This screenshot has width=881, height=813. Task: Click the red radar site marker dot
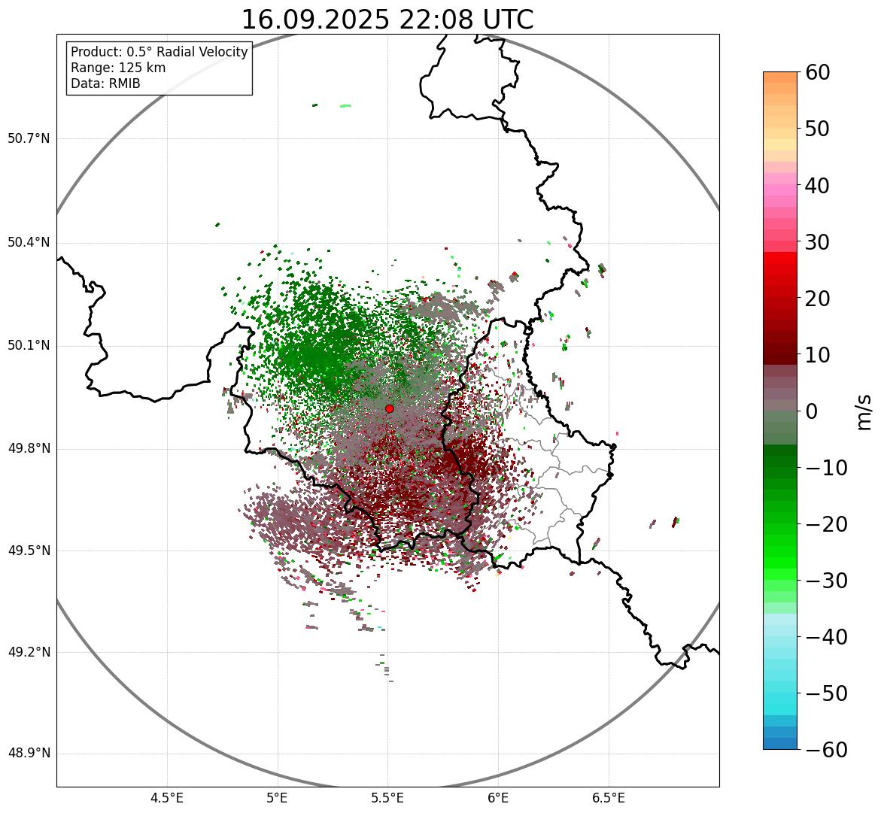[389, 408]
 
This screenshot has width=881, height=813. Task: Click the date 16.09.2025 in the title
[314, 20]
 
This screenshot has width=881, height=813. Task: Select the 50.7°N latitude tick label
[29, 139]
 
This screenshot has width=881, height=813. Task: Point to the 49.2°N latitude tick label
[29, 652]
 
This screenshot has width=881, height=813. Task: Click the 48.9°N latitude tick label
[29, 754]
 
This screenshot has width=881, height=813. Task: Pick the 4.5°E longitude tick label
[167, 798]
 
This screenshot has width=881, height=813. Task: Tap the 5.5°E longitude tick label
[387, 798]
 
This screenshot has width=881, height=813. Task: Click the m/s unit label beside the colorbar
[864, 411]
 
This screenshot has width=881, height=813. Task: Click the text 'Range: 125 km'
[118, 68]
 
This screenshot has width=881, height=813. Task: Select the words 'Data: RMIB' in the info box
[105, 83]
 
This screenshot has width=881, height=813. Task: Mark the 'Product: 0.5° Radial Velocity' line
[159, 52]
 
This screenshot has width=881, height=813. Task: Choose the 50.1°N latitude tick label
[29, 346]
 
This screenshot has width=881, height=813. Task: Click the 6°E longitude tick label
[497, 798]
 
